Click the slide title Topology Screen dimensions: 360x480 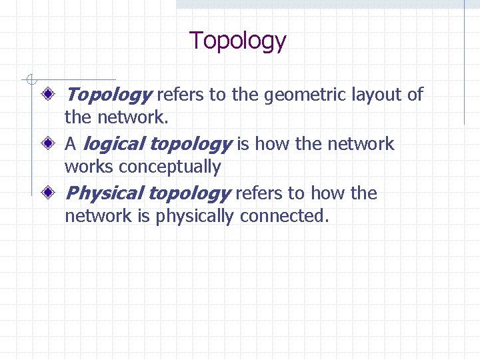pos(238,41)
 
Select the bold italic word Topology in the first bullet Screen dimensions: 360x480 pos(109,95)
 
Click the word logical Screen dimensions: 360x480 pos(115,144)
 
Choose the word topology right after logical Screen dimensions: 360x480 pos(190,144)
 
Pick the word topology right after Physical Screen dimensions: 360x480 pos(189,193)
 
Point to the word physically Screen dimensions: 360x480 pos(195,216)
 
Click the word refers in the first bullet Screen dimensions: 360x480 pos(181,95)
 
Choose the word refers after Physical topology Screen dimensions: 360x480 pos(259,193)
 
